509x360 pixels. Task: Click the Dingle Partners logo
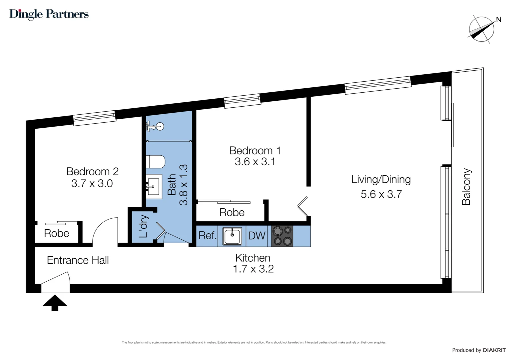coord(49,14)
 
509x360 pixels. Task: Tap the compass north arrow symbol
coord(482,29)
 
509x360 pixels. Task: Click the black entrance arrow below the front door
coord(55,302)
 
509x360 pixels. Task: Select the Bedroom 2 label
coord(92,171)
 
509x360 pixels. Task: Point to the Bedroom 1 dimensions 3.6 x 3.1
coord(255,162)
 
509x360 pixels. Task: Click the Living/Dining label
coord(381,179)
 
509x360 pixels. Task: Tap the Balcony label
coord(466,187)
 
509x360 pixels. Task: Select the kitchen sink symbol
coord(232,236)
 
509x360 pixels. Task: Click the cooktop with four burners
coord(282,236)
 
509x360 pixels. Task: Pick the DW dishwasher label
coord(256,236)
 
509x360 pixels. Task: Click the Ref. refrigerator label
coord(207,236)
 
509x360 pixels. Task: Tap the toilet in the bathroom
coord(156,162)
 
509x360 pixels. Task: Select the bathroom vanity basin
coord(154,186)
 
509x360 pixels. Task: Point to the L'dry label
coord(143,226)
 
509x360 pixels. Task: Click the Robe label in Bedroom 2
coord(57,233)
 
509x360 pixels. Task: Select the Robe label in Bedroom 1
coord(232,212)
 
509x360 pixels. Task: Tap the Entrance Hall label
coord(78,260)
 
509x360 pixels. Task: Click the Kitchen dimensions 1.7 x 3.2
coord(253,269)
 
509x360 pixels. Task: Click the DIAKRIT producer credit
coord(494,350)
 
